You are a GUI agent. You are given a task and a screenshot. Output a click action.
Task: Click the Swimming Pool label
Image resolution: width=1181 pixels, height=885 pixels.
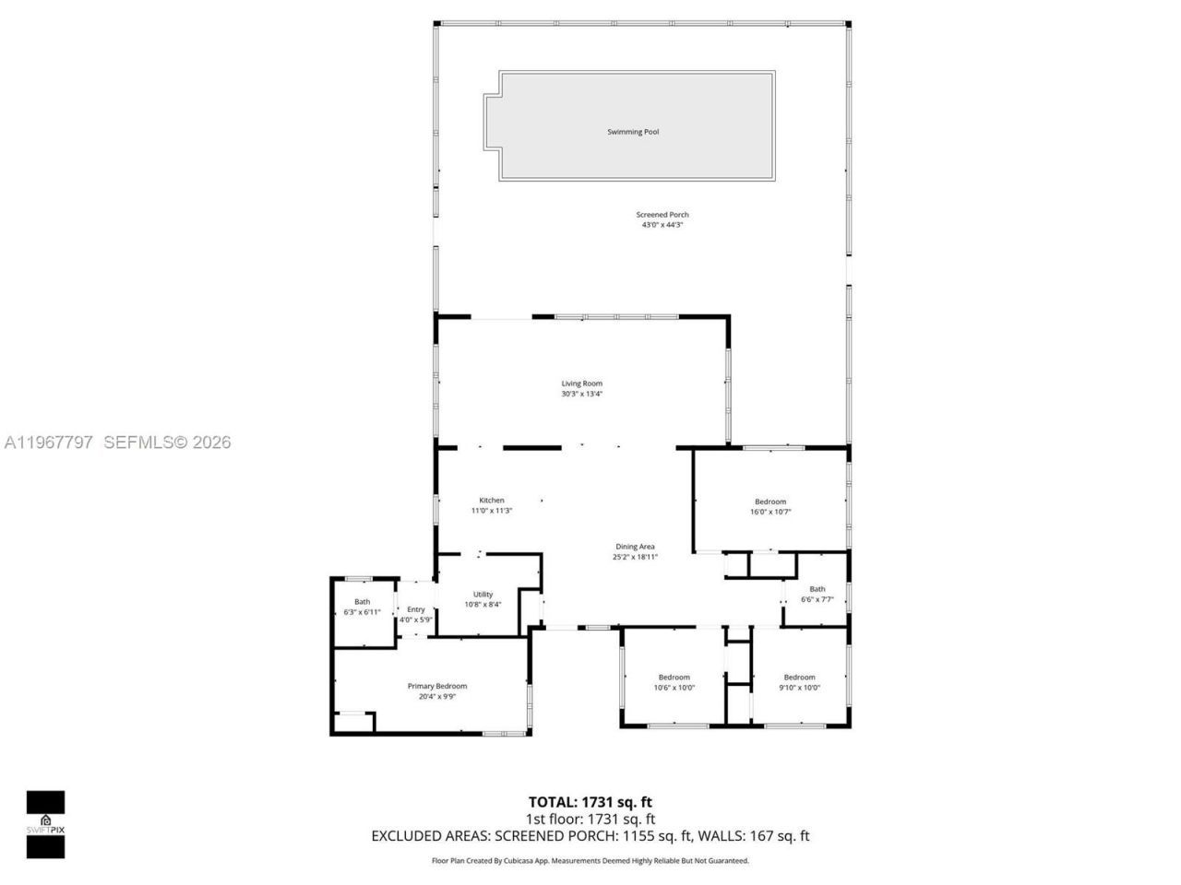click(x=633, y=132)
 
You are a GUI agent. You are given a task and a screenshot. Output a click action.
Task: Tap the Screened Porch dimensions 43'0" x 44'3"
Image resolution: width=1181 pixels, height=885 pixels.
click(x=662, y=225)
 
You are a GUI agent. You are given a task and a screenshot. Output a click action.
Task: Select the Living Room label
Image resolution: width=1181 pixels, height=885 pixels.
click(x=581, y=383)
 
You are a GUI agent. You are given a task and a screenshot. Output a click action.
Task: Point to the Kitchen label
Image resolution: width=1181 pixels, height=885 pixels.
click(x=491, y=501)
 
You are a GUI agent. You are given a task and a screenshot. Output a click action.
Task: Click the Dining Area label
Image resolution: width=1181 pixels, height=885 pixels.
click(x=635, y=547)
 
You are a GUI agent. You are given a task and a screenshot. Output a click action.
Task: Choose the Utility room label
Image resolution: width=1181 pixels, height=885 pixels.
click(x=483, y=595)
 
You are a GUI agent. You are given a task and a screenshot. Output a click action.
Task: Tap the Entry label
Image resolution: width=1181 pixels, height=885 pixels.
click(x=416, y=609)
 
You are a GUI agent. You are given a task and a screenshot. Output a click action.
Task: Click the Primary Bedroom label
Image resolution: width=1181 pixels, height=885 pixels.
click(x=437, y=686)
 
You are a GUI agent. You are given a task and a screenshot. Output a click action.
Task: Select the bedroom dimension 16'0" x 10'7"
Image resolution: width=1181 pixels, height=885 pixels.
click(x=770, y=512)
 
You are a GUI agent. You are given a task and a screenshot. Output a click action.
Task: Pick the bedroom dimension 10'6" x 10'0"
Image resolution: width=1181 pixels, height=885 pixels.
click(x=674, y=687)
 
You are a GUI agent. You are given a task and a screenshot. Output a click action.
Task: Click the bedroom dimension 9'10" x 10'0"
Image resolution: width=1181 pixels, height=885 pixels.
click(x=799, y=687)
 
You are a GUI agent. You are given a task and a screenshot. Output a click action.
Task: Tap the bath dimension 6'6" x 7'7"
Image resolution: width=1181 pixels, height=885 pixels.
click(x=817, y=599)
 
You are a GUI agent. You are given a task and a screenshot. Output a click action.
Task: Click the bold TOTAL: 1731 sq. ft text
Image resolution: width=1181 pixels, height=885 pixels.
click(x=590, y=802)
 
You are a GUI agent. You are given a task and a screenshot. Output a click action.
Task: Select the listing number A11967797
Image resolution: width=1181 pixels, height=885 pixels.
click(x=49, y=442)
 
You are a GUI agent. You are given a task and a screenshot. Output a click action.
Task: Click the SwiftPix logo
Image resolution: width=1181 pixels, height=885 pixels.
click(x=45, y=823)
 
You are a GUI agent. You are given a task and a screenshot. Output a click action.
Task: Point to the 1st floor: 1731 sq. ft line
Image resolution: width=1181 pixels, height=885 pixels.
click(x=590, y=819)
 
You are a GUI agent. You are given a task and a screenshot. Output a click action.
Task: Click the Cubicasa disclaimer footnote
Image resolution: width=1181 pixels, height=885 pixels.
click(x=590, y=861)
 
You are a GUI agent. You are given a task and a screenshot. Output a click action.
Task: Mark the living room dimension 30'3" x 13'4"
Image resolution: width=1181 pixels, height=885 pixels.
click(x=581, y=394)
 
